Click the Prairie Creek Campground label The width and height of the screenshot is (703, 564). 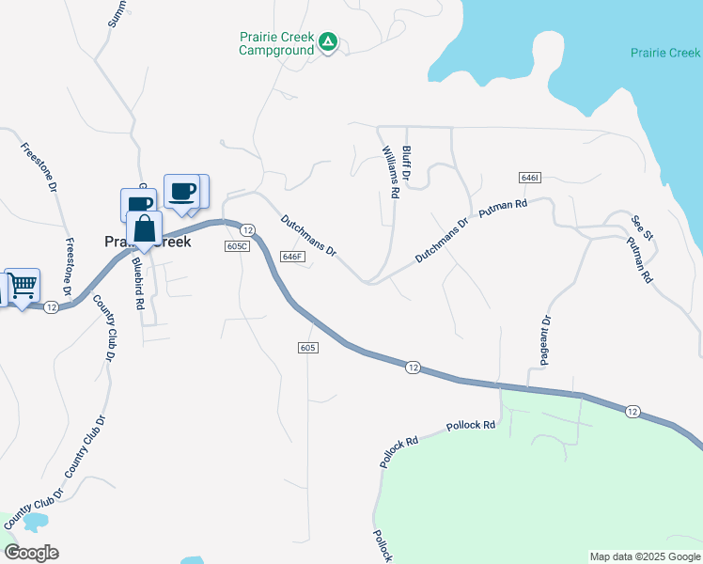274,43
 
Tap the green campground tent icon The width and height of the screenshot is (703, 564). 327,41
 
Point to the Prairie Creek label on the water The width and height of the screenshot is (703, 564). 665,53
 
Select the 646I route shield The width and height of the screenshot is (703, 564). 528,178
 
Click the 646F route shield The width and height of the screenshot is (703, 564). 292,256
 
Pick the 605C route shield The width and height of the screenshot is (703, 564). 237,246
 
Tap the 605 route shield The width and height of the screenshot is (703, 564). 309,348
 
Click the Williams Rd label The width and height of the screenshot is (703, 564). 390,170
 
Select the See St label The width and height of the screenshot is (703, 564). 641,226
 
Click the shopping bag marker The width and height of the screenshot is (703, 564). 144,228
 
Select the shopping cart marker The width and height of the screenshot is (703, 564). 23,285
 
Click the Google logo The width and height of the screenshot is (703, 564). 30,553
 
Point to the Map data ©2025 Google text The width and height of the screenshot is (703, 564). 645,556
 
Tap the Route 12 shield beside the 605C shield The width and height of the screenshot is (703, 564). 247,230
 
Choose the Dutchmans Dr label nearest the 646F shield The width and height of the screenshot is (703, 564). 308,234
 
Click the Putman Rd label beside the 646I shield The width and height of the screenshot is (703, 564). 503,208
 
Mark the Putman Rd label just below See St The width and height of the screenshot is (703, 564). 639,258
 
